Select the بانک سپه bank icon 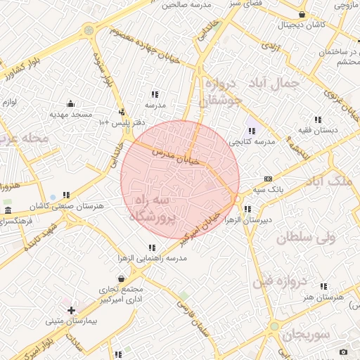point(268,179)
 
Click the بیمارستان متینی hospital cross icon point(71,309)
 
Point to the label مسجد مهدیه point(71,113)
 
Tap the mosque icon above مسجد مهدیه point(70,103)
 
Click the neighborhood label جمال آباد point(279,82)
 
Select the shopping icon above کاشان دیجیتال point(302,14)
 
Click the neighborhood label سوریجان point(304,335)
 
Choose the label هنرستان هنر point(323,297)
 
